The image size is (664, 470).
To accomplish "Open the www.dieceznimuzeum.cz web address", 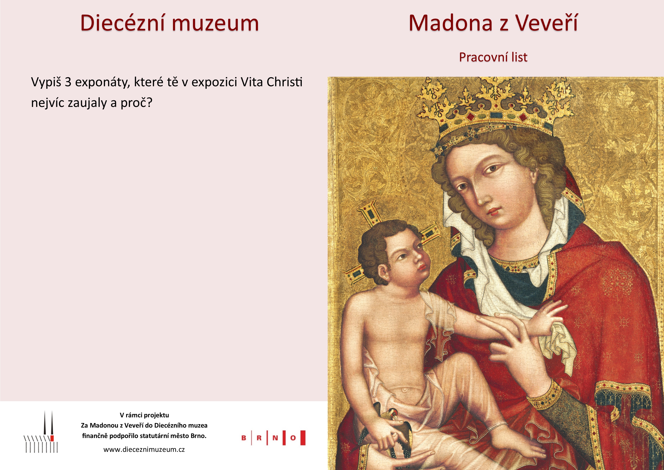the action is (x=144, y=450).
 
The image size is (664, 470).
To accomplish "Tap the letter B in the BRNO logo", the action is (x=244, y=438).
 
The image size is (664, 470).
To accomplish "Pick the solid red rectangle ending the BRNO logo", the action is (x=303, y=438).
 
